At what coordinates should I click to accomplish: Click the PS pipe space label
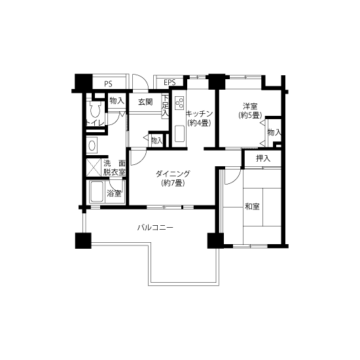[108, 84]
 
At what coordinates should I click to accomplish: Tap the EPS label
[170, 82]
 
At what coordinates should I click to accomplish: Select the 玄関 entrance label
[145, 101]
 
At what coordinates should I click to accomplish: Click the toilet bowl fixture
[95, 109]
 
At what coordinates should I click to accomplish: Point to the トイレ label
[95, 123]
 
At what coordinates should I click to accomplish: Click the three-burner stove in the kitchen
[179, 102]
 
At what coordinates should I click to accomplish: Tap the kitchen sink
[179, 134]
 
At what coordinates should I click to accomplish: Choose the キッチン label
[199, 114]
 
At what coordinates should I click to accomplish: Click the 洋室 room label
[250, 106]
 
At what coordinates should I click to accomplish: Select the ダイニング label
[173, 174]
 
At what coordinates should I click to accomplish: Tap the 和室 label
[252, 207]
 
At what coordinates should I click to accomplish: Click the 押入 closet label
[263, 158]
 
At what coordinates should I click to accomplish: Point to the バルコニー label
[155, 228]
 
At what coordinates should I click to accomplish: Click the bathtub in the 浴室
[97, 192]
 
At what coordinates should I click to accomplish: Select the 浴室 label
[114, 194]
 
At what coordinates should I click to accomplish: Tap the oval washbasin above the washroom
[92, 145]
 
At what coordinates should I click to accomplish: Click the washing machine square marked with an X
[94, 168]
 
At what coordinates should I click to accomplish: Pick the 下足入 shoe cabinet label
[166, 106]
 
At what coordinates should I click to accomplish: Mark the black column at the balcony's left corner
[83, 241]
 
